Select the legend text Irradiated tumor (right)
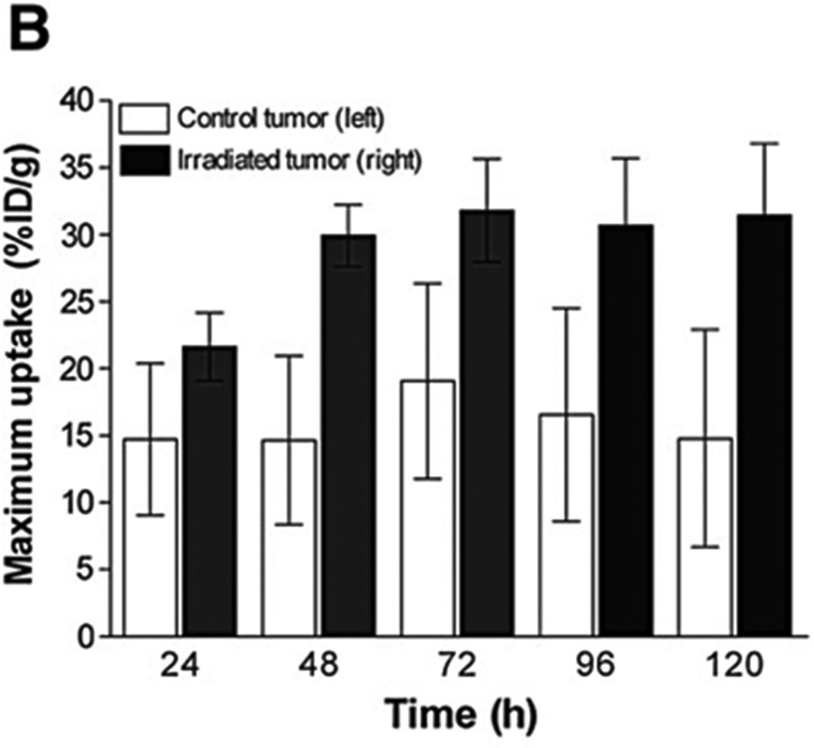[298, 160]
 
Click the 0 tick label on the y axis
[91, 637]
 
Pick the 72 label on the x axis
[457, 665]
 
